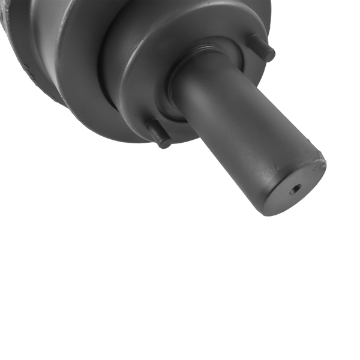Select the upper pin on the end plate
(262, 48)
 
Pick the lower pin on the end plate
(159, 134)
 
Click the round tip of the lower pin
(164, 142)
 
